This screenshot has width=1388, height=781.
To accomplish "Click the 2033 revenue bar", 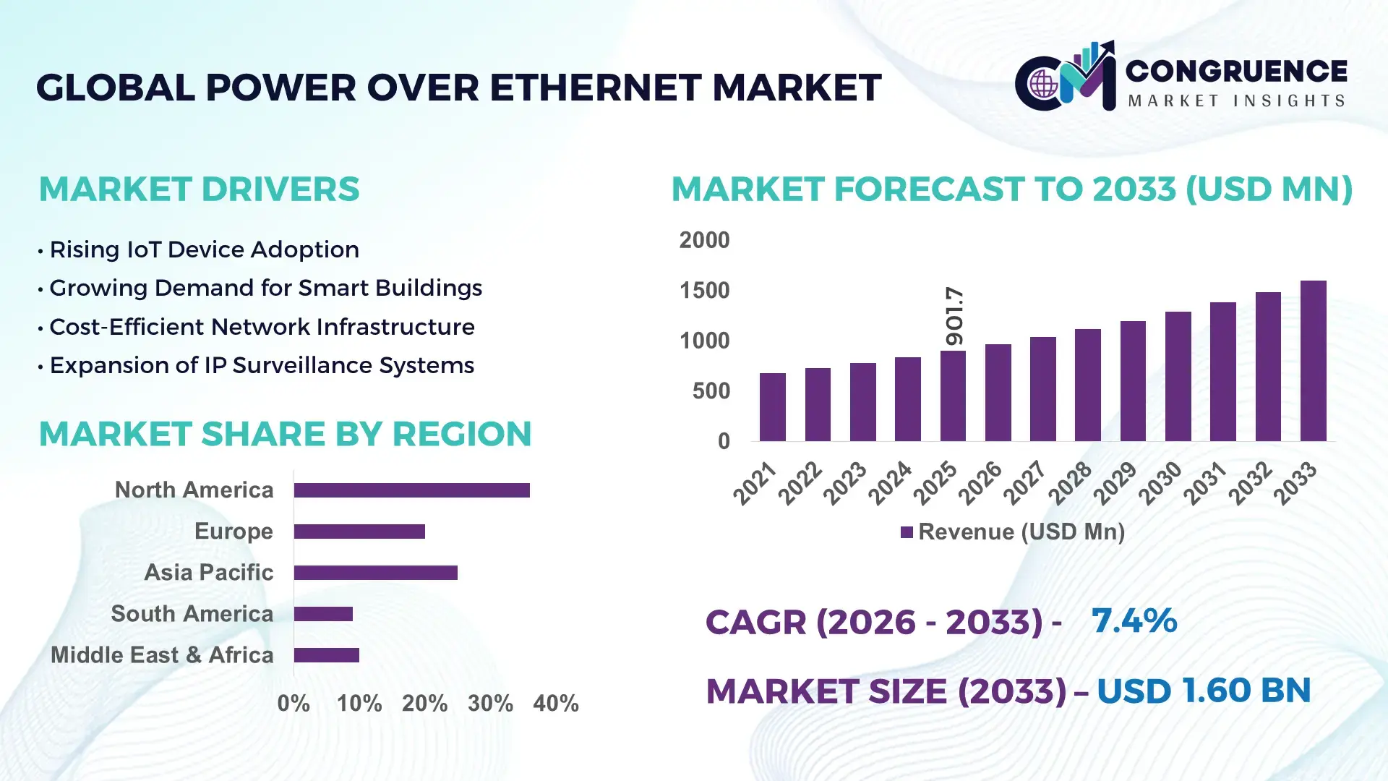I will click(1313, 362).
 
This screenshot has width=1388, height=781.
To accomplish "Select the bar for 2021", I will click(772, 407).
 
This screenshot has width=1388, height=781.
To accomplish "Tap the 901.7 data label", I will click(954, 316).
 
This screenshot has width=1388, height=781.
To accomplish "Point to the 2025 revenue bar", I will click(953, 396).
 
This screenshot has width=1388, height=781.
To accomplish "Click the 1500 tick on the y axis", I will click(704, 291).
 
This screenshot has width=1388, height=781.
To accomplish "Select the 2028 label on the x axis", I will click(1070, 483).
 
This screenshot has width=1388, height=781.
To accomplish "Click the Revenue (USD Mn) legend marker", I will click(907, 533).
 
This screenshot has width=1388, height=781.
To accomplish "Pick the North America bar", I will click(411, 490).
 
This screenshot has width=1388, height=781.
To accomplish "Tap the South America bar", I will click(323, 614).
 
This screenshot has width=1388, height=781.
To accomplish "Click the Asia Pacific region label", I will click(208, 573).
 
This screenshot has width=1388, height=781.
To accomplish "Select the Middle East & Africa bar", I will click(326, 655).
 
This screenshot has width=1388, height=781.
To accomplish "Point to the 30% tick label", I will click(490, 704).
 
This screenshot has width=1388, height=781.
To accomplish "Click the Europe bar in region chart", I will click(359, 532).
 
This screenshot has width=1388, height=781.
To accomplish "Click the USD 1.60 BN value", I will click(1203, 691).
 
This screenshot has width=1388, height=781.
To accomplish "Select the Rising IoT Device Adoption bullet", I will click(204, 250).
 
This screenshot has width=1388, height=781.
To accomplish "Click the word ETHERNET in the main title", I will click(596, 88).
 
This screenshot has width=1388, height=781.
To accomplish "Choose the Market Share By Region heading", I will click(285, 435).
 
